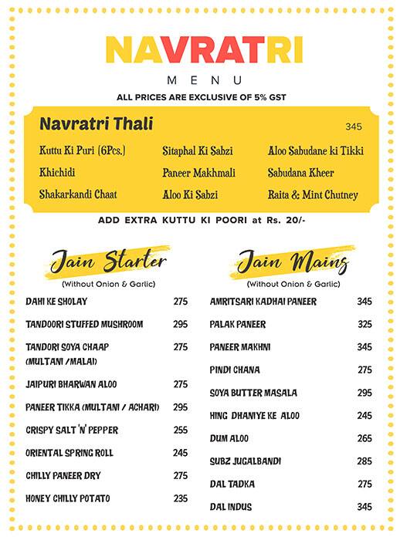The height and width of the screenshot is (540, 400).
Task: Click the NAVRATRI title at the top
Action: pos(203,49)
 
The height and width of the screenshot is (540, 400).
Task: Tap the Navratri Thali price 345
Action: pos(354,127)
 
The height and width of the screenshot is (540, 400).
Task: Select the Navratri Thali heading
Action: pos(96,124)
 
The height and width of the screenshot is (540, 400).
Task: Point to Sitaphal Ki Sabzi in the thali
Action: pos(197,151)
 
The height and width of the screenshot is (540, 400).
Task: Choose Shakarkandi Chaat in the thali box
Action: pos(78,195)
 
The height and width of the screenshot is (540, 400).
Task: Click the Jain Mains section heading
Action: pos(293,262)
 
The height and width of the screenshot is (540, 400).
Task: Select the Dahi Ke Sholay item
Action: pos(56,302)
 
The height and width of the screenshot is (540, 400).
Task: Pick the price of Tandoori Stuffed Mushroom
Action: pos(181,324)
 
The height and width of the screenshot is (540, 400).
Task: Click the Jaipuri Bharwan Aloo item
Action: pos(71,384)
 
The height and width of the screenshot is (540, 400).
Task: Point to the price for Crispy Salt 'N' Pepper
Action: pos(181,430)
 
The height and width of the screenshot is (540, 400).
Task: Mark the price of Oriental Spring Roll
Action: pos(181,453)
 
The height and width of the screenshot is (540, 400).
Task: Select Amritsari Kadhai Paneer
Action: pos(263,302)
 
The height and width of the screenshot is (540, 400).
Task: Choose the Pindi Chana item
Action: pos(235,370)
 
